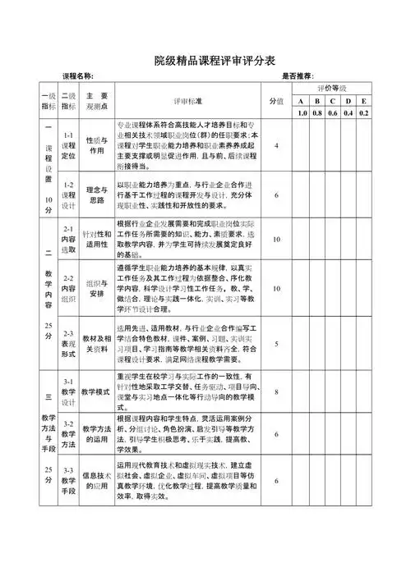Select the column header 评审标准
tap(188, 100)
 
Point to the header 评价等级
tap(333, 88)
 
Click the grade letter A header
tap(302, 100)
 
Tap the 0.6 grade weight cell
tap(333, 112)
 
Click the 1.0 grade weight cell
tap(302, 112)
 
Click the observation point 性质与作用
tap(97, 146)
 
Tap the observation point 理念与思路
tap(97, 194)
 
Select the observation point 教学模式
tap(97, 392)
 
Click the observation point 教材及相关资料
tap(97, 344)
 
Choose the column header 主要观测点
tap(97, 100)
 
